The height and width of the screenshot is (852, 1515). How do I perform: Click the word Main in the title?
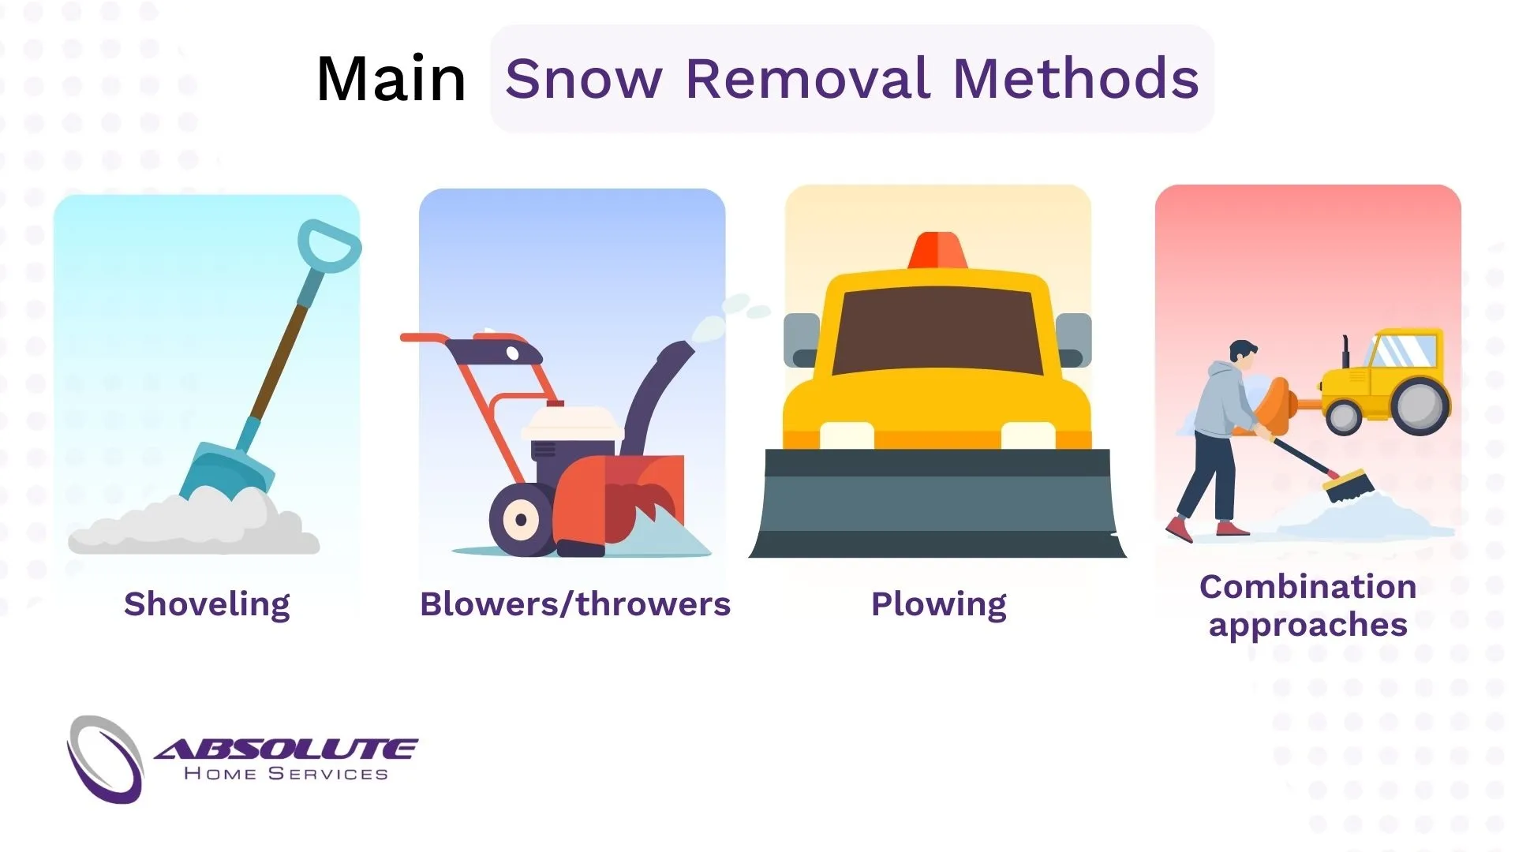391,80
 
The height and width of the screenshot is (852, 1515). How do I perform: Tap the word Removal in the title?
808,79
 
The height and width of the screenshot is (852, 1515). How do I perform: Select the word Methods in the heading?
1075,79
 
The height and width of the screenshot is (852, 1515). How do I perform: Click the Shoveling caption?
207,604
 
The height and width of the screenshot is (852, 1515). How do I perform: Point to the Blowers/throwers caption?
574,604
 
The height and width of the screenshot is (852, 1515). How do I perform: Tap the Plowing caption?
938,604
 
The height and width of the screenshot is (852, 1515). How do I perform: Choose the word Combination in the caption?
1307,587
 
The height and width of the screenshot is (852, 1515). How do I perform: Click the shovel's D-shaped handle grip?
329,245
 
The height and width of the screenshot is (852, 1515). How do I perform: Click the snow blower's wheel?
521,520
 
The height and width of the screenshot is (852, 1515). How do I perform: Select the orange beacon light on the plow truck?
937,250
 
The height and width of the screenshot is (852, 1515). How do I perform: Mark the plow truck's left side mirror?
801,339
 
